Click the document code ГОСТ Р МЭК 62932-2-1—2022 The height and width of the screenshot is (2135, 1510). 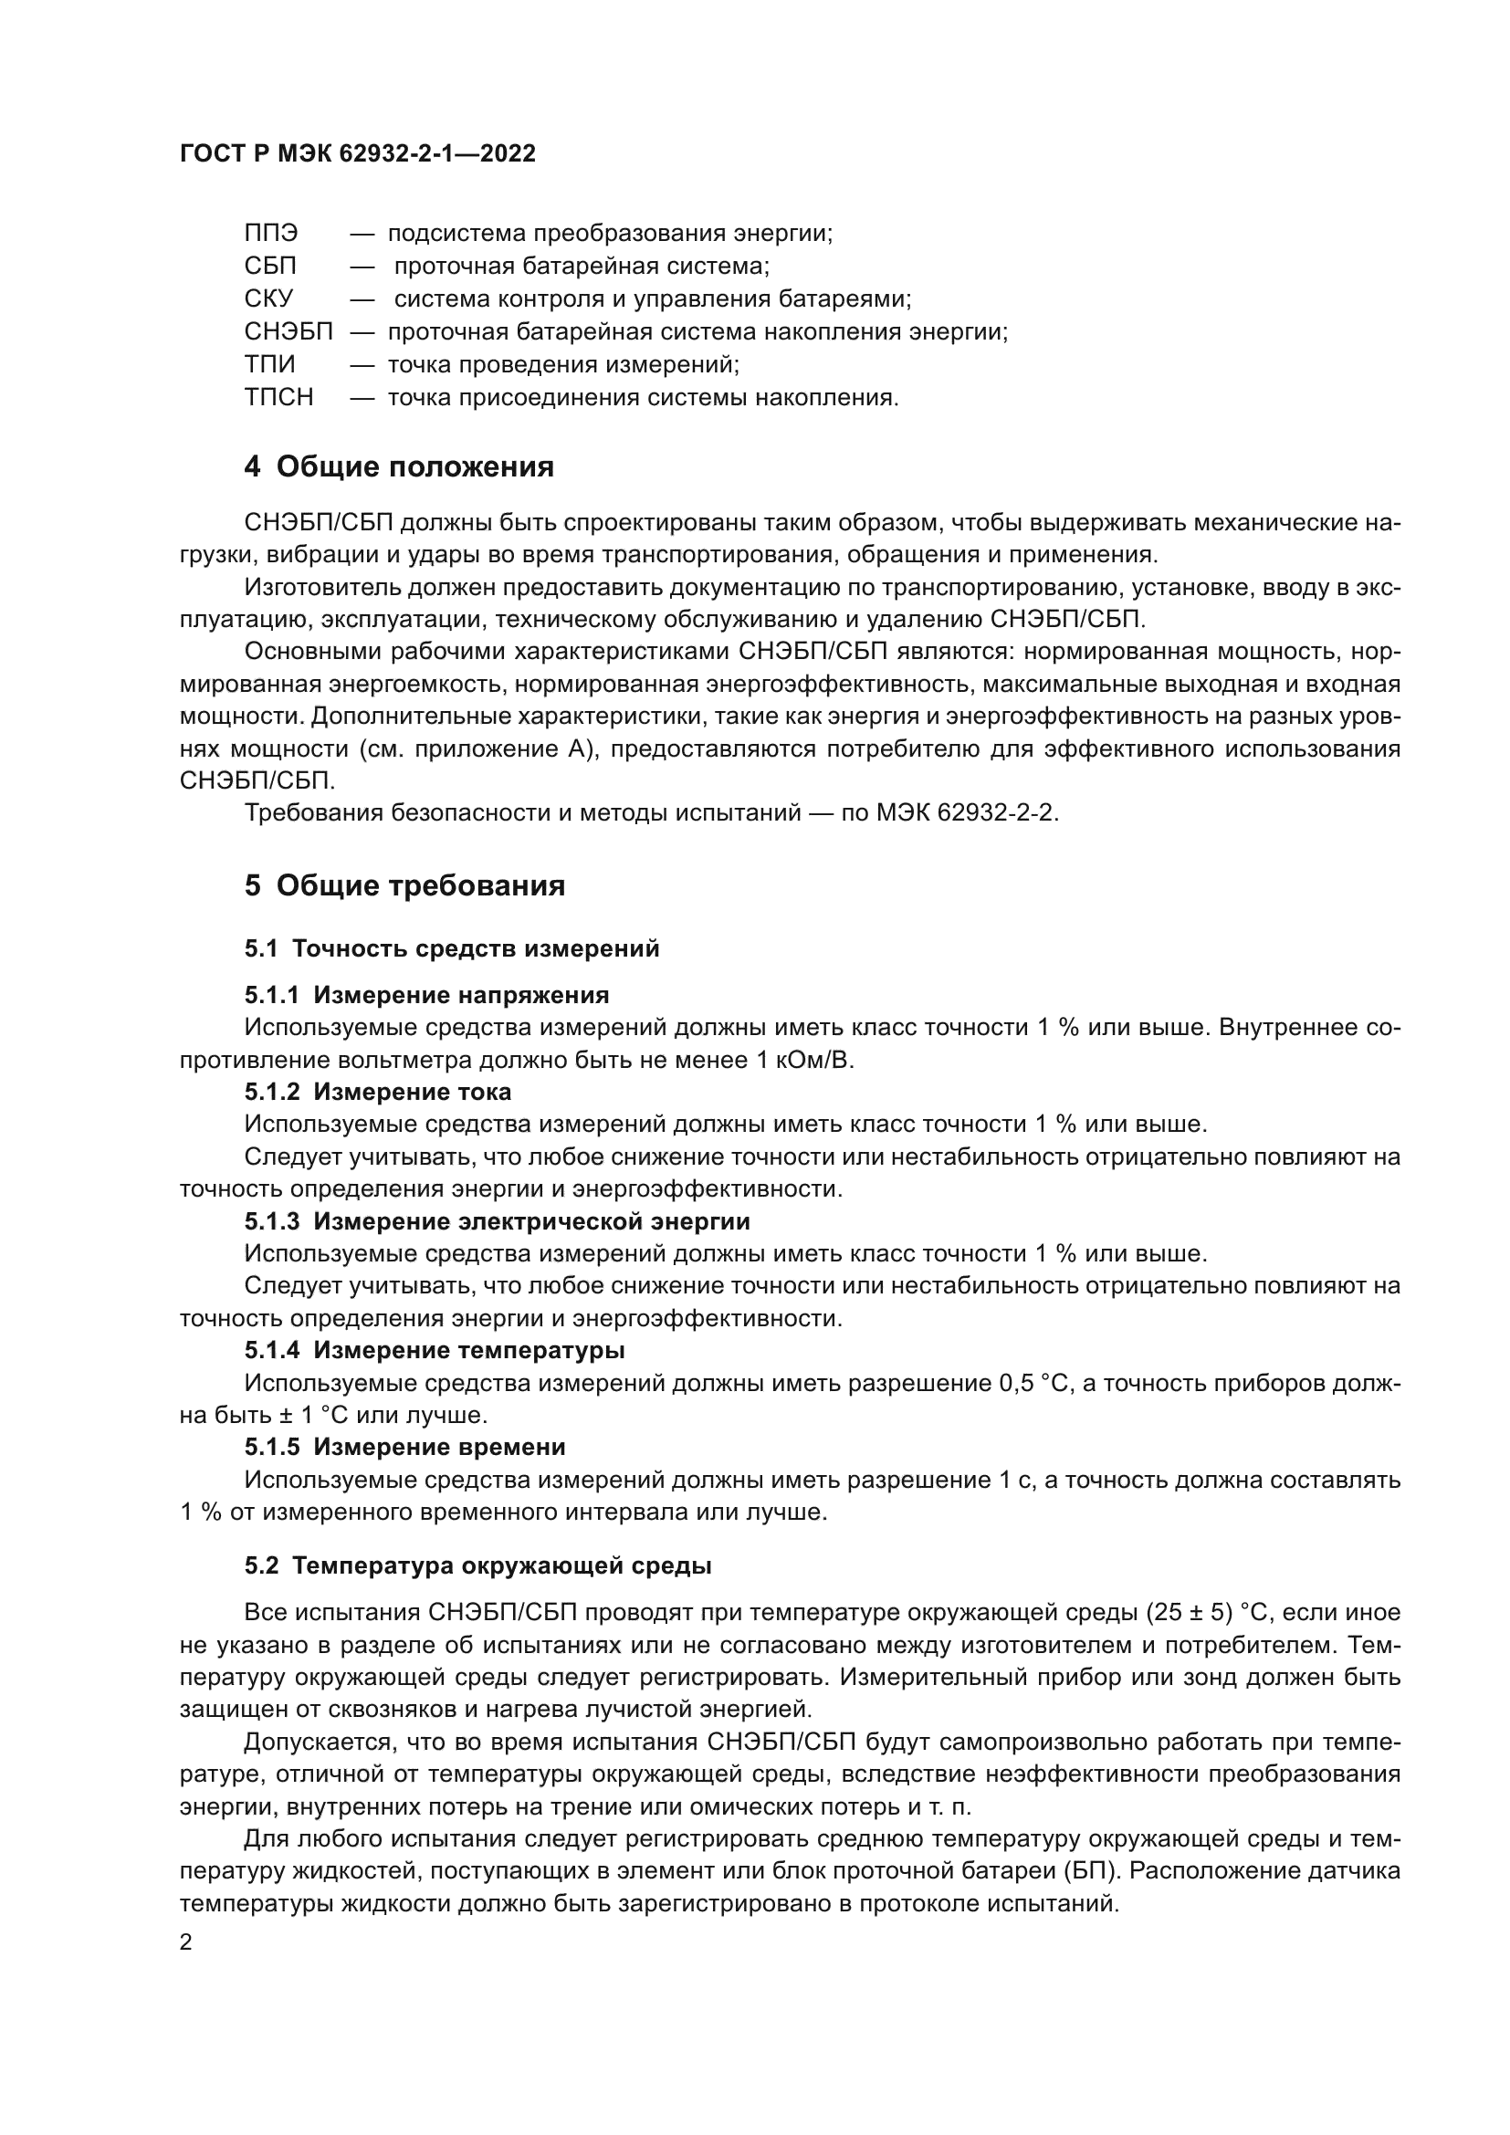pos(357,154)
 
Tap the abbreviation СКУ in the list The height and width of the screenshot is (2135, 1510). pos(268,299)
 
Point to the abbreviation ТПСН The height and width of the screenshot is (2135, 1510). pos(279,398)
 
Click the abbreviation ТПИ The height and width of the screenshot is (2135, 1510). pos(269,365)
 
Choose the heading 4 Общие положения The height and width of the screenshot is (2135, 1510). pos(399,466)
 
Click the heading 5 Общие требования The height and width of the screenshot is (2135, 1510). pos(404,885)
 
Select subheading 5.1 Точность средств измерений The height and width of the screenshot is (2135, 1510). pos(452,948)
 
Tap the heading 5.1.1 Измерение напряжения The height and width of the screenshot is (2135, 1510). pos(426,996)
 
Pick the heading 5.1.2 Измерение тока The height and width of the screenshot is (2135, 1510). pos(378,1092)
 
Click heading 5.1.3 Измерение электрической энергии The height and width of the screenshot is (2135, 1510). pos(497,1221)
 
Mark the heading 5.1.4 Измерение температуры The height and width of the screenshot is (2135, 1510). pos(435,1350)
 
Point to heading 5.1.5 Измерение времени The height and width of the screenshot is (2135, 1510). pos(404,1447)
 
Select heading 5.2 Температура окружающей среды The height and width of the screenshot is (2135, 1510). pos(477,1566)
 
